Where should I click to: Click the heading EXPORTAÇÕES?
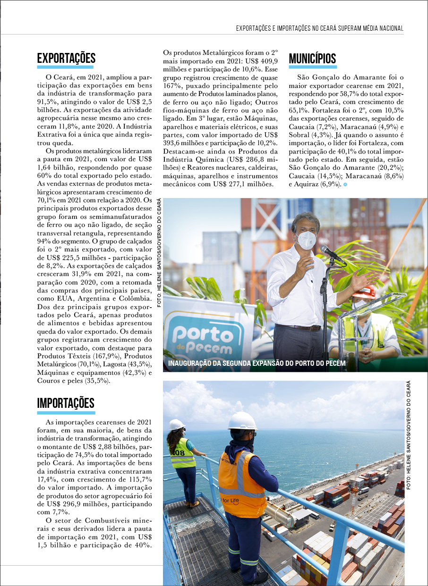point(66,59)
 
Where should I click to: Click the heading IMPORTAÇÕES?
point(66,403)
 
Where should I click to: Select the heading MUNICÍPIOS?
point(312,59)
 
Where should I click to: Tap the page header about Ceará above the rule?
point(319,29)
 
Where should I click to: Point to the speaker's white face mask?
point(307,240)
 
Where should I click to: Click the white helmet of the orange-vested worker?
point(242,421)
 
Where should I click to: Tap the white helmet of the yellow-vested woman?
point(177,424)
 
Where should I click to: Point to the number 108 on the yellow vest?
point(177,453)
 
